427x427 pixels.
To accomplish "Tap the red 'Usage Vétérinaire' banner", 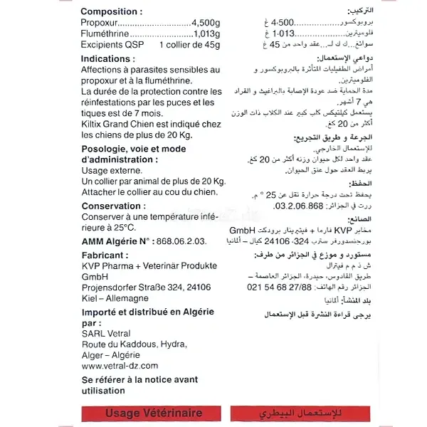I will [153, 413].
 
